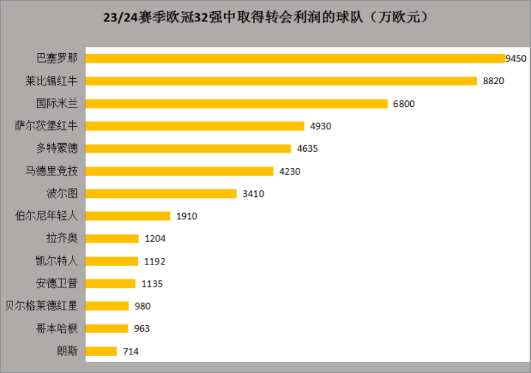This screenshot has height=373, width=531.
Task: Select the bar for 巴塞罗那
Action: (295, 58)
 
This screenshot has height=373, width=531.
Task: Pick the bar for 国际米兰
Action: (236, 103)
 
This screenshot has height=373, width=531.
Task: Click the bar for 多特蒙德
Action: (189, 148)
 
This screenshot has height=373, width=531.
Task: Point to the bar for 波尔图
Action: (162, 194)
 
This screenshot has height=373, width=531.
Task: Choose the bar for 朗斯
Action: (102, 351)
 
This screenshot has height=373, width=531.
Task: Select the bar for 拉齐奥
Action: (112, 238)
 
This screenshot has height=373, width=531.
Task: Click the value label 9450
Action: (516, 58)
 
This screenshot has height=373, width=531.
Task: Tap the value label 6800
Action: (403, 103)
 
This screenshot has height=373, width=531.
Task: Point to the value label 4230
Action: (290, 171)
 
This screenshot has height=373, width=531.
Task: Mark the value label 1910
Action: (187, 216)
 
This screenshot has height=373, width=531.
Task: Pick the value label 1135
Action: (151, 283)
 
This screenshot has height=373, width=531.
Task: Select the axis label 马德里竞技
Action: (51, 171)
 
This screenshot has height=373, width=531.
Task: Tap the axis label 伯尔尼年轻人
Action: (46, 216)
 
